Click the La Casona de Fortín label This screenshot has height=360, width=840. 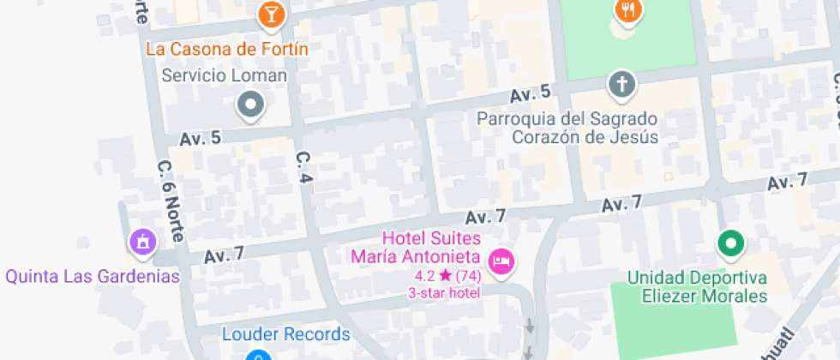pyautogui.click(x=227, y=48)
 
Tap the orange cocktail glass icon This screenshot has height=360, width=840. pyautogui.click(x=271, y=14)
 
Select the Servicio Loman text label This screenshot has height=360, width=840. pyautogui.click(x=225, y=75)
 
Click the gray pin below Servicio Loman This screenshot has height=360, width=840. pyautogui.click(x=250, y=105)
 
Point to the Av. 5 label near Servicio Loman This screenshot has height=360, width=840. pyautogui.click(x=201, y=138)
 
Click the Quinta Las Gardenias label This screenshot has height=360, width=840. pyautogui.click(x=93, y=276)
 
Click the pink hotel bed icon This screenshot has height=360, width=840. pyautogui.click(x=501, y=261)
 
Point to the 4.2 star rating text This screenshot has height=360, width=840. pyautogui.click(x=447, y=276)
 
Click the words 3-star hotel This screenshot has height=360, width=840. pyautogui.click(x=444, y=292)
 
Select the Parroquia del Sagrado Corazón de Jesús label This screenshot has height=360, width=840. pyautogui.click(x=567, y=128)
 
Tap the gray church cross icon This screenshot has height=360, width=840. pyautogui.click(x=620, y=85)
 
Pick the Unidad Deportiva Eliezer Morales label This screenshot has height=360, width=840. pyautogui.click(x=697, y=287)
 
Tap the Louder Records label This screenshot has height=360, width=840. pyautogui.click(x=286, y=334)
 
